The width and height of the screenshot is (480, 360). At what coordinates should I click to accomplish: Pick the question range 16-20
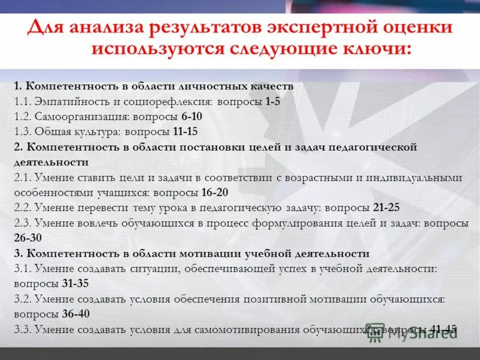[x=215, y=193]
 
